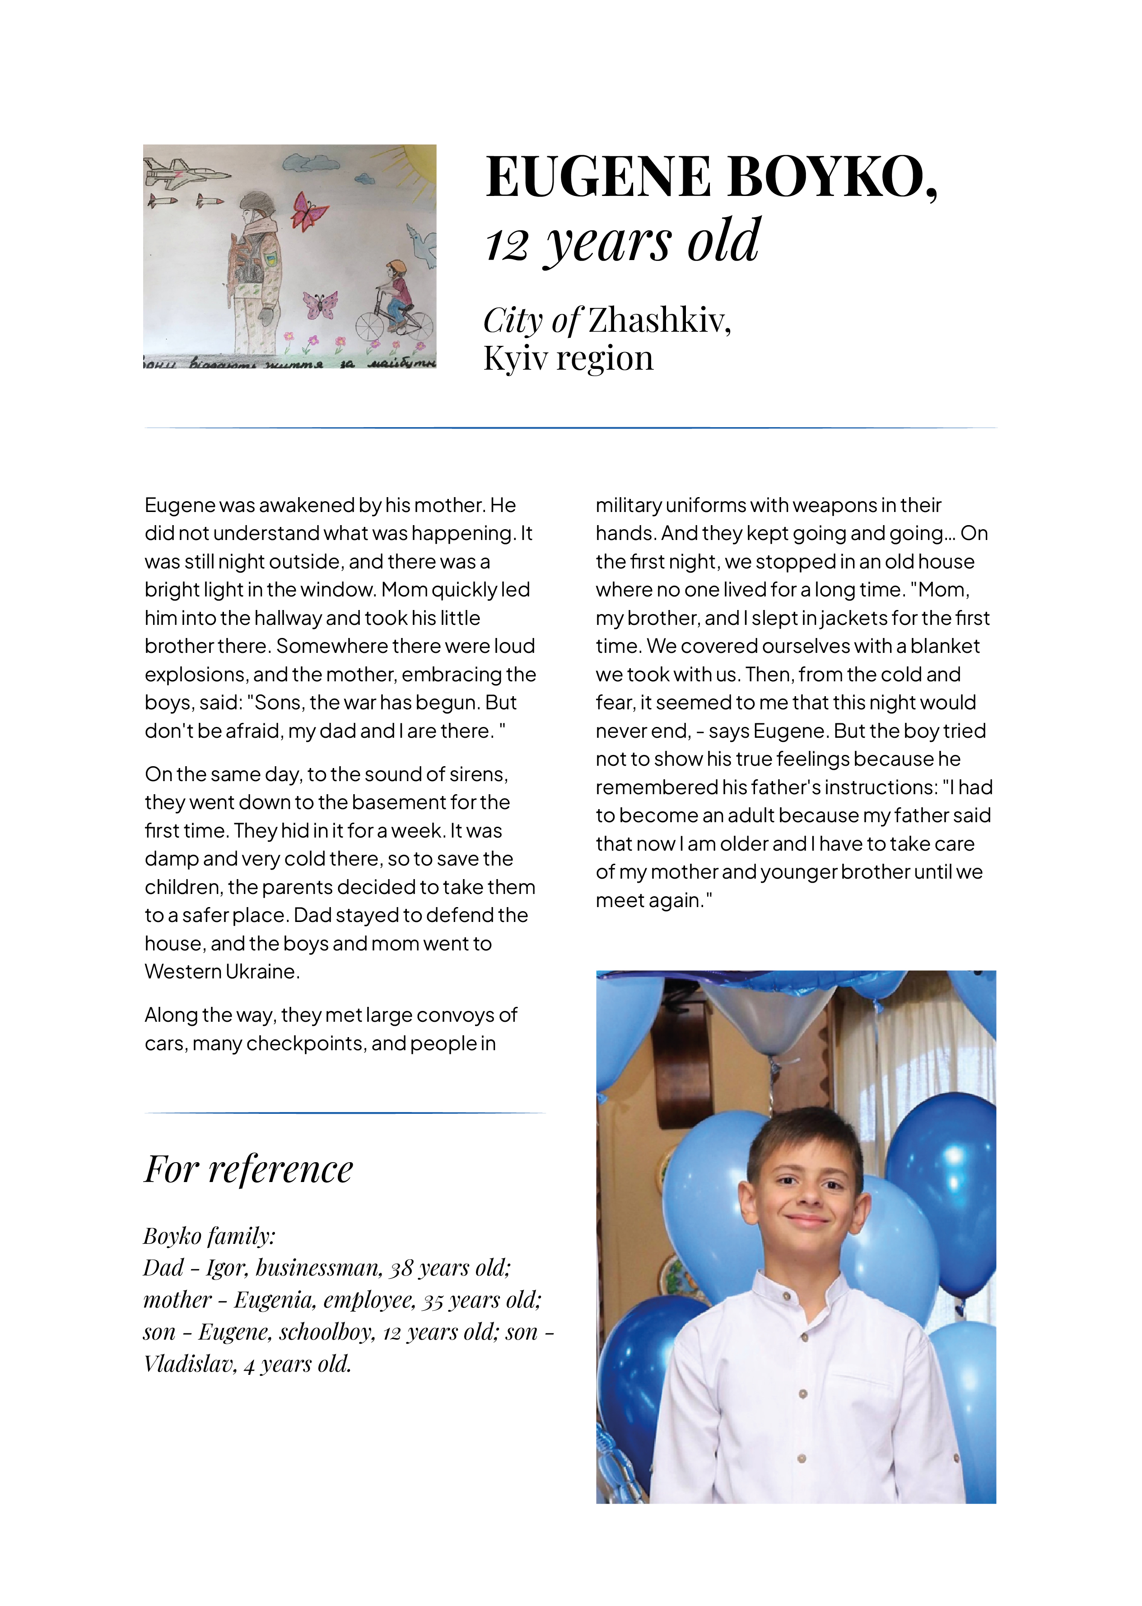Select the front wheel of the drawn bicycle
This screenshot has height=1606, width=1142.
pyautogui.click(x=370, y=327)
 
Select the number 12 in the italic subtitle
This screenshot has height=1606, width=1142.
pyautogui.click(x=506, y=245)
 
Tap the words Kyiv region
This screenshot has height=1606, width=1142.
pyautogui.click(x=568, y=358)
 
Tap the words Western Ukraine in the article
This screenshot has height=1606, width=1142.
pyautogui.click(x=222, y=971)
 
